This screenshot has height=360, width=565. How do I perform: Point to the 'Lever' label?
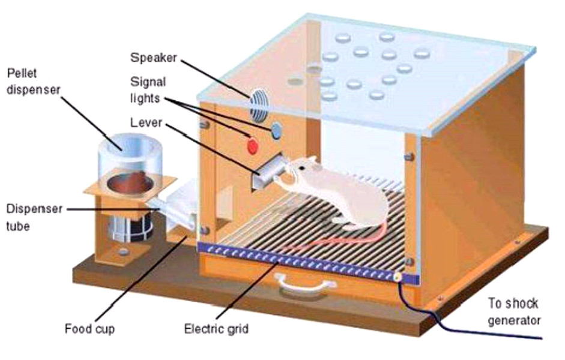point(144,123)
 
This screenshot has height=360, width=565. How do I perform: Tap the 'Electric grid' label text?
point(216,329)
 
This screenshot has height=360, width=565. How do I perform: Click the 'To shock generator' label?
point(513,311)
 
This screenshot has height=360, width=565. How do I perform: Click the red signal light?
point(252,145)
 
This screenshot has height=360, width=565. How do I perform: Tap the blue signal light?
point(277,131)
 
